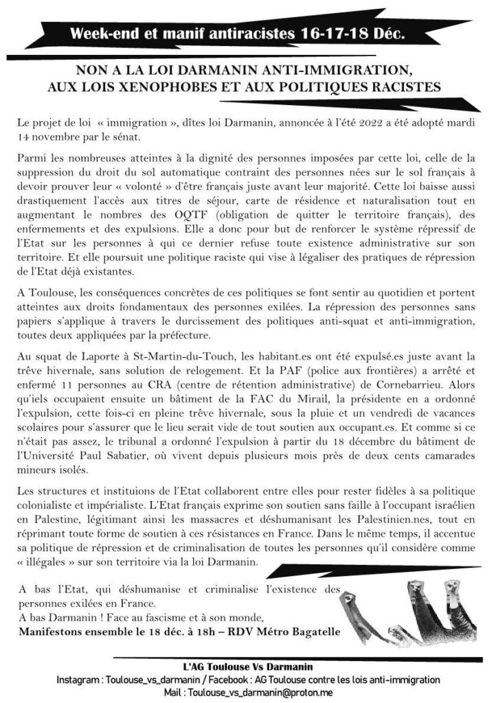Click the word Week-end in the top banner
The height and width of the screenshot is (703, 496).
coord(104,33)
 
